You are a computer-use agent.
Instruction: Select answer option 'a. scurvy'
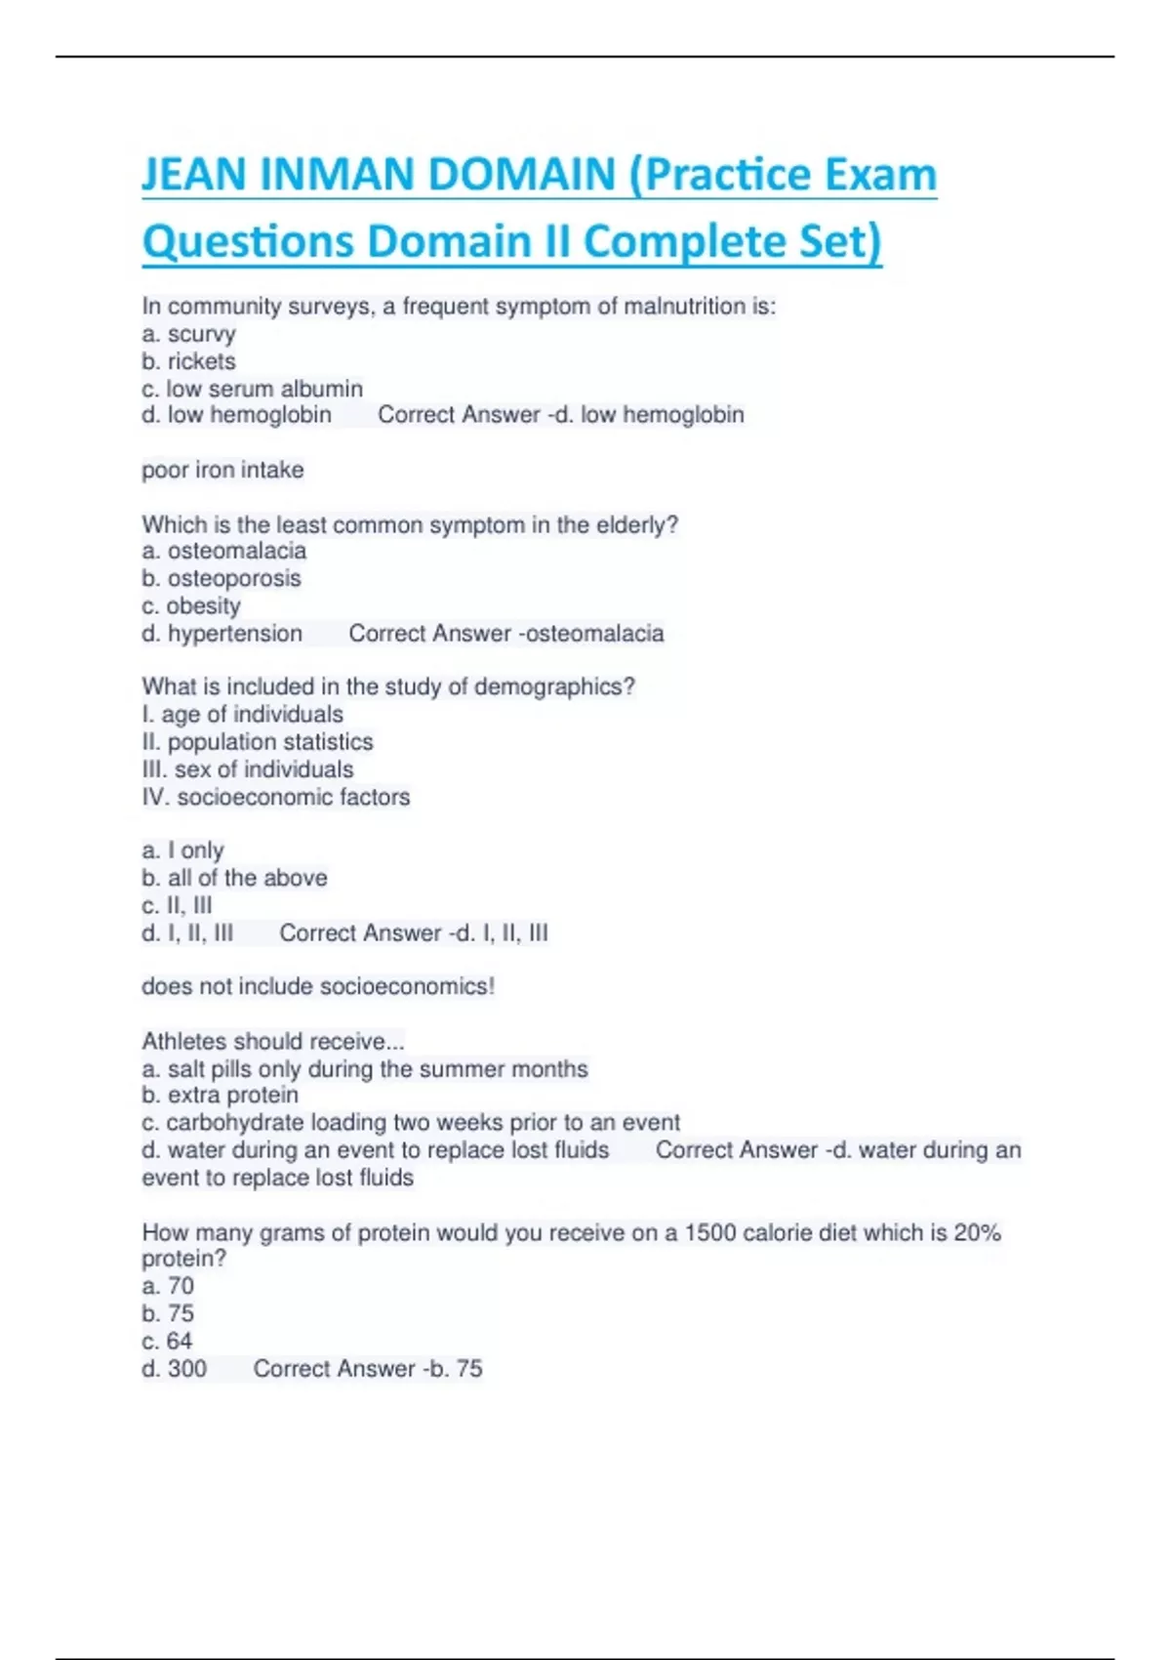pyautogui.click(x=188, y=334)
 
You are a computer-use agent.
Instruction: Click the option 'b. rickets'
pyautogui.click(x=188, y=361)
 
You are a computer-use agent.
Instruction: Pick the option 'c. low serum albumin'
pyautogui.click(x=252, y=389)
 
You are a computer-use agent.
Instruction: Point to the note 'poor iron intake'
pyautogui.click(x=222, y=470)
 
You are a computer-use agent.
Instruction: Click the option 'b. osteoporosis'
pyautogui.click(x=221, y=578)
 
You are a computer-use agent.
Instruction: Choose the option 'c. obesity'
pyautogui.click(x=190, y=605)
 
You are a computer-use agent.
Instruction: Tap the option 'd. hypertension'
pyautogui.click(x=222, y=634)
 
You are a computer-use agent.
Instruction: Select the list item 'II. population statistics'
pyautogui.click(x=257, y=742)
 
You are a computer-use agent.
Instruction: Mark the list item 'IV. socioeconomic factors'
pyautogui.click(x=275, y=797)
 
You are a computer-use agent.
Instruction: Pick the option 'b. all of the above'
pyautogui.click(x=234, y=878)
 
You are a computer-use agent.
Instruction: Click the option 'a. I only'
pyautogui.click(x=182, y=851)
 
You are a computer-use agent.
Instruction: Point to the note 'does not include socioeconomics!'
pyautogui.click(x=318, y=986)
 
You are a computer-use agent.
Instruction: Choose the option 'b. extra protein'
pyautogui.click(x=220, y=1095)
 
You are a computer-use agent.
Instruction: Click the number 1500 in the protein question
pyautogui.click(x=709, y=1232)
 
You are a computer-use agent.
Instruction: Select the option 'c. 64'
pyautogui.click(x=167, y=1341)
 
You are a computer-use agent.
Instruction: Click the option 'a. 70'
pyautogui.click(x=168, y=1286)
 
